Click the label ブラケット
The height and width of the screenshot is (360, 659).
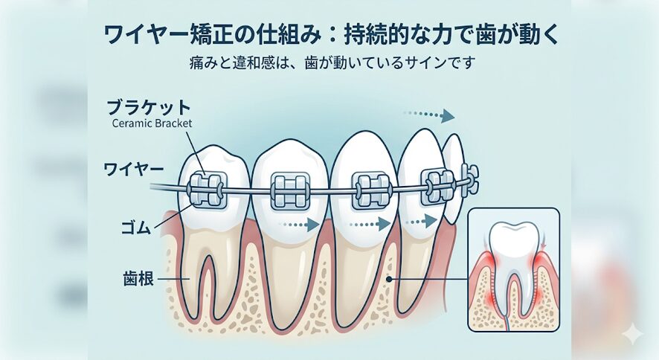(149, 108)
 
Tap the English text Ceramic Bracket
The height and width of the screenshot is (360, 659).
(152, 123)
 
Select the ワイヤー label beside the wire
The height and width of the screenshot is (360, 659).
(134, 170)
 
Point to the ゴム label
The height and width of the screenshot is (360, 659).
(135, 228)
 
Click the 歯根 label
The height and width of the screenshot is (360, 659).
(138, 278)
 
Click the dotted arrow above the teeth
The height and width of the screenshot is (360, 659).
(428, 115)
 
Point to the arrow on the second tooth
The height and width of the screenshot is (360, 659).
(298, 225)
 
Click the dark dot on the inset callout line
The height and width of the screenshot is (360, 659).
(389, 278)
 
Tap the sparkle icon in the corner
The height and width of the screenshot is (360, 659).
(632, 335)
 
